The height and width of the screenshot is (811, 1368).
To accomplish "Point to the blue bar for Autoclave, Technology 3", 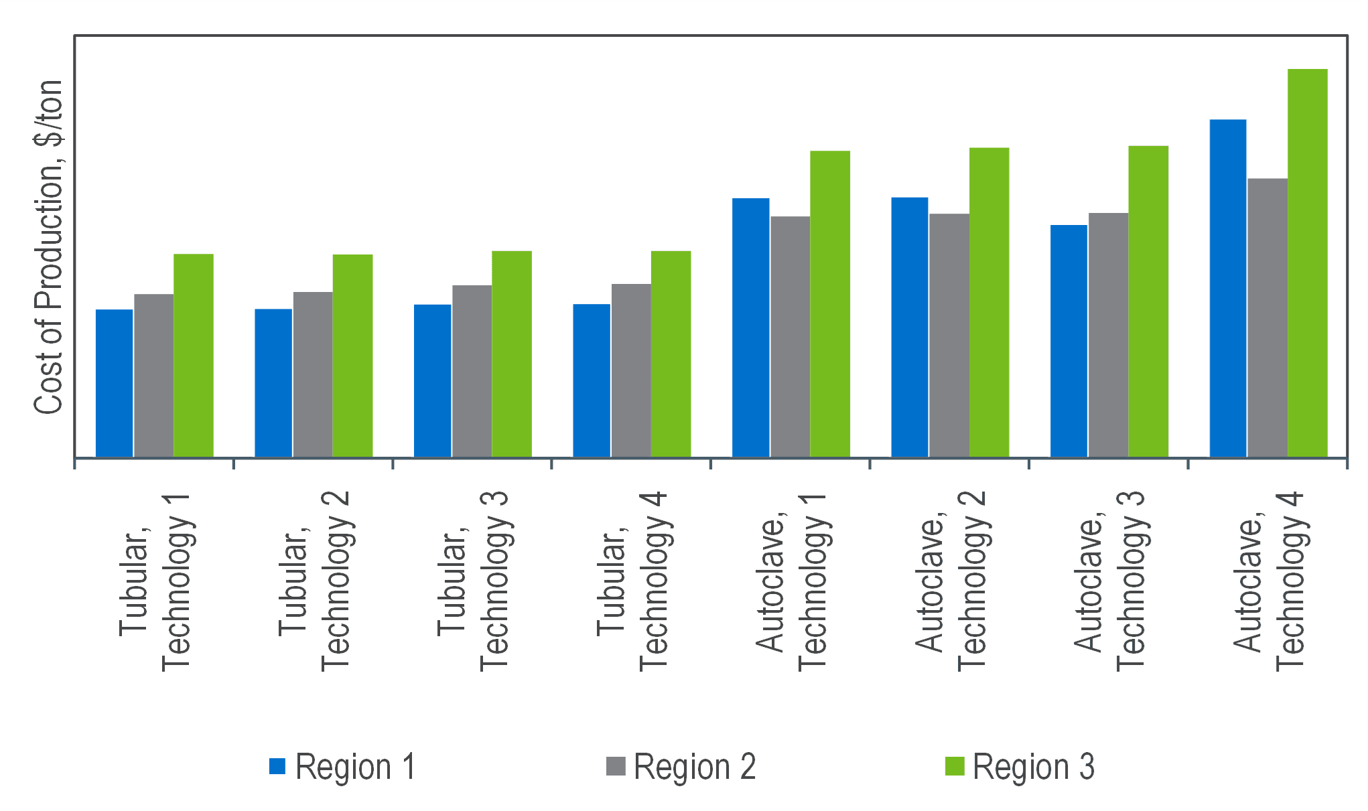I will (x=1069, y=341).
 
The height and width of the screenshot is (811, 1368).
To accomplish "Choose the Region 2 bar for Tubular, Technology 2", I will (x=313, y=374).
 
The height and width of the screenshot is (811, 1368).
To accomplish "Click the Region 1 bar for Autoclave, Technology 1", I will (x=751, y=327).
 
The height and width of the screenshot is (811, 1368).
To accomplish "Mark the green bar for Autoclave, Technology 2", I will (x=989, y=302).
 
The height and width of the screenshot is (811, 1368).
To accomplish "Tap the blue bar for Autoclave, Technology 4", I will (x=1228, y=288).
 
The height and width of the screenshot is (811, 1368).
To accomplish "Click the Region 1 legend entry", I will (x=342, y=767).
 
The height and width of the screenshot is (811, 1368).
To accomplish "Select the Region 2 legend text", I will (x=695, y=767).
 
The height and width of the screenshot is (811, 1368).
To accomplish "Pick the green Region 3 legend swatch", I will (x=954, y=766).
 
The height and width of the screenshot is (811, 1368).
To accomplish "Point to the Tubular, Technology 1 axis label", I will (x=155, y=583).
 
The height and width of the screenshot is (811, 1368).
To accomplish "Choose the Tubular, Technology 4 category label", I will (x=632, y=583).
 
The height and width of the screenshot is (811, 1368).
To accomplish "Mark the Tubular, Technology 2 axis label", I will (x=314, y=583).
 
